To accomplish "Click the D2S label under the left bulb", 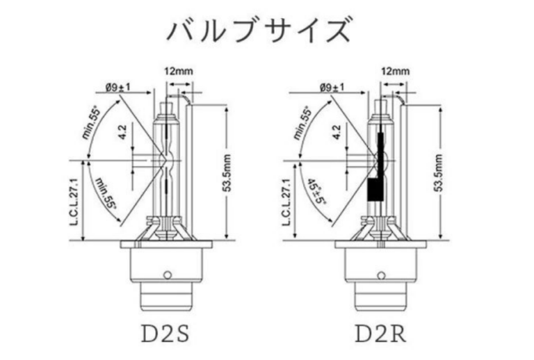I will tap(166, 330).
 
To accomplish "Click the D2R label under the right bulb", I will tap(382, 330).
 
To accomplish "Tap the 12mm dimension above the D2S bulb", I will tap(178, 71).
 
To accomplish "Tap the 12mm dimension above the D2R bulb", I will tap(395, 71).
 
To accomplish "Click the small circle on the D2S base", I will tap(166, 274).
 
